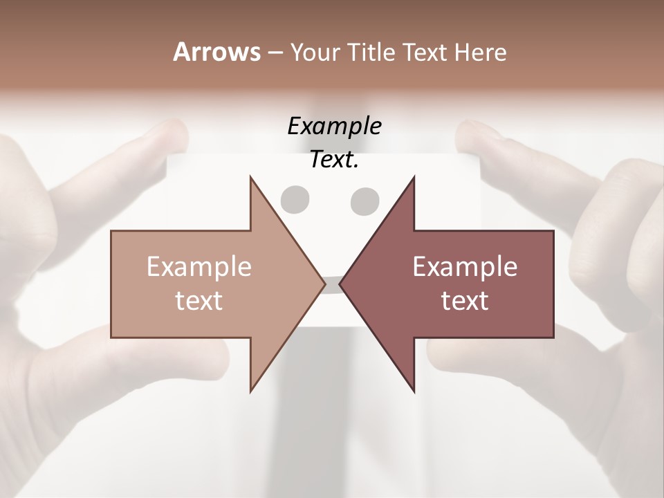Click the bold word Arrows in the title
tap(216, 52)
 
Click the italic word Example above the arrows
tap(334, 127)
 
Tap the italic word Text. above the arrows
tap(334, 160)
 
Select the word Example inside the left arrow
tap(199, 267)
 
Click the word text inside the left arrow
tap(199, 301)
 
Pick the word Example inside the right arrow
tap(465, 267)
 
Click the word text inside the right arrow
tap(465, 301)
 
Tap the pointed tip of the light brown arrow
tap(324, 284)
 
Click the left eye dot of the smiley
tap(294, 199)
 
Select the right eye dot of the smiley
tap(365, 201)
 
